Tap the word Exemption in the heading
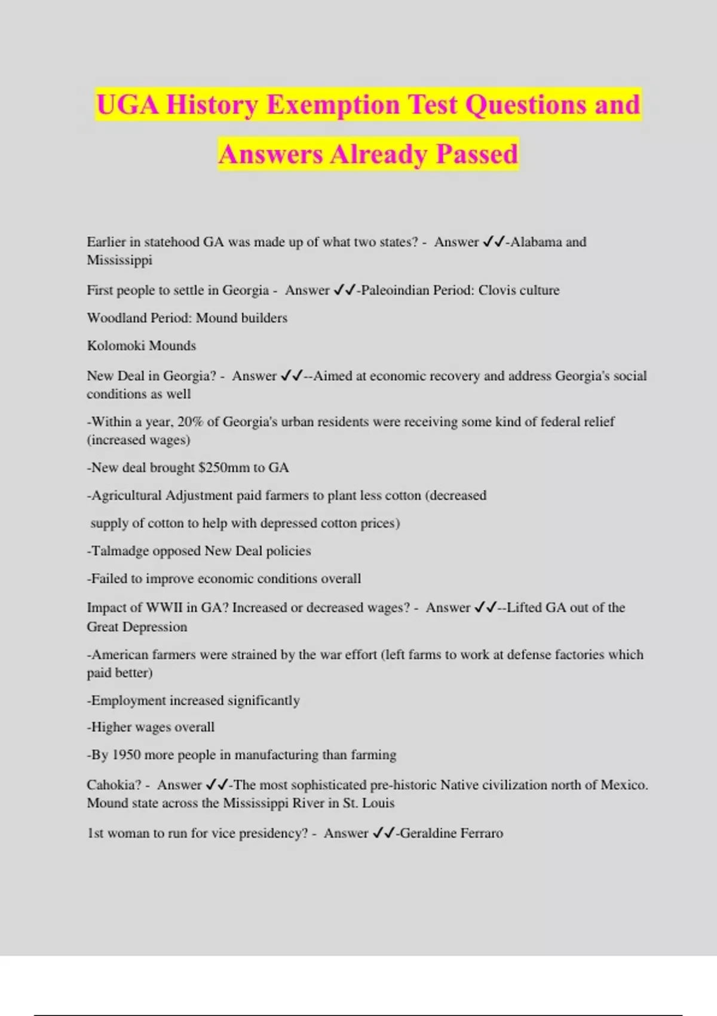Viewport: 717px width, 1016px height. (333, 105)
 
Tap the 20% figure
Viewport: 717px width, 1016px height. (190, 422)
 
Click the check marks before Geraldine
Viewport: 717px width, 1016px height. (383, 833)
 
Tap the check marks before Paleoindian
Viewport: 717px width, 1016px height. (344, 290)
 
